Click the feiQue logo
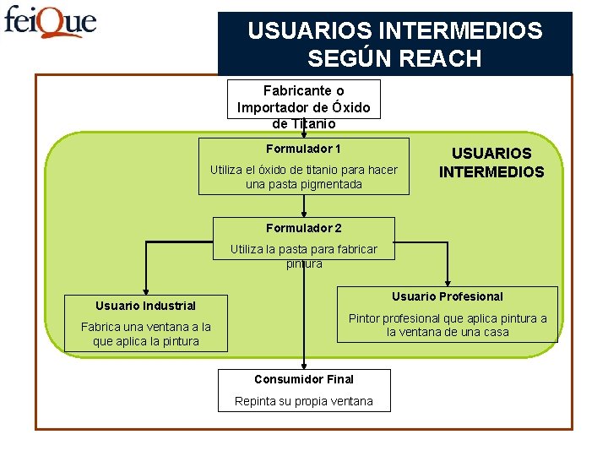pos(51,22)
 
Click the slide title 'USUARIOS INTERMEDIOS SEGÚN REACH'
pos(394,45)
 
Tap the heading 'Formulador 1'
pos(303,149)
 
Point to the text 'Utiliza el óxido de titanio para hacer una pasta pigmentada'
pos(303,176)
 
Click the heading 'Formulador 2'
pos(303,228)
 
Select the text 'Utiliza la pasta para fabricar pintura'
pos(303,256)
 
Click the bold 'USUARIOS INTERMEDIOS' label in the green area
pos(491,162)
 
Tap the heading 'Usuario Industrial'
pos(145,306)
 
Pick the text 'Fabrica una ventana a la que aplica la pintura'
pos(145,334)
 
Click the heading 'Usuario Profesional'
pos(447,296)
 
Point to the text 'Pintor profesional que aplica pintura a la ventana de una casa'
pos(447,325)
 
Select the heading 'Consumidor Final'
pos(303,379)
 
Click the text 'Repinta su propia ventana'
pos(303,401)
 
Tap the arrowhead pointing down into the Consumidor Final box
pos(304,365)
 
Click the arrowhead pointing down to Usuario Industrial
pos(145,291)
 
